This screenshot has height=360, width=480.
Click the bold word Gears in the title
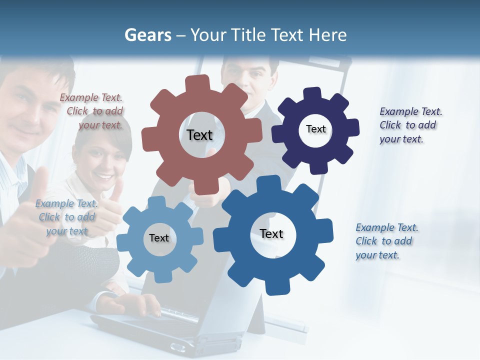pos(147,35)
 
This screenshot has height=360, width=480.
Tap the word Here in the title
pos(327,35)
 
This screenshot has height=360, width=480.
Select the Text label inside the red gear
pos(199,135)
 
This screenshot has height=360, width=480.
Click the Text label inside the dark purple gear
pos(315,129)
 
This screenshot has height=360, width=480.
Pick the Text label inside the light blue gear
pos(159,238)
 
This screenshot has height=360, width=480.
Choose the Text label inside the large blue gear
pos(271,233)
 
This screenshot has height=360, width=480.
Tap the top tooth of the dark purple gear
pos(312,93)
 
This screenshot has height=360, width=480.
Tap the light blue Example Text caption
pos(67,217)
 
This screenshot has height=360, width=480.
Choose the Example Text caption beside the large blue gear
pos(386,241)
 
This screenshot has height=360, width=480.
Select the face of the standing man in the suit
pos(250,75)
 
